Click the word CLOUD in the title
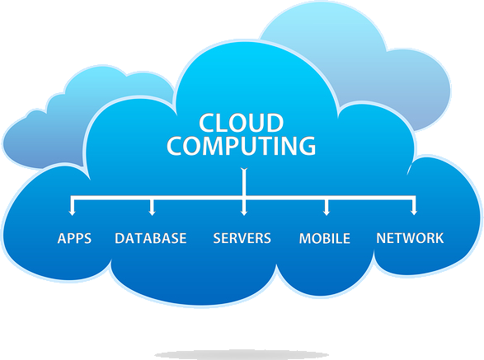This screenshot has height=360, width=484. click(241, 123)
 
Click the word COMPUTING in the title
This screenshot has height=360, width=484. click(242, 145)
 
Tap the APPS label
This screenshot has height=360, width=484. click(74, 238)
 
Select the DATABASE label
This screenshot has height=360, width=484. click(151, 238)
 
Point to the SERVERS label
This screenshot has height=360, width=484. click(242, 238)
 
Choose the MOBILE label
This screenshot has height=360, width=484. click(325, 238)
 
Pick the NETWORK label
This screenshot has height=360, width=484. click(410, 238)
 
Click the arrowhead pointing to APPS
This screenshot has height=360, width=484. click(72, 212)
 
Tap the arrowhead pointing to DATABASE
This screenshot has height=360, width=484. click(152, 212)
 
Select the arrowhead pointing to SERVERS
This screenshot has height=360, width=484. click(244, 212)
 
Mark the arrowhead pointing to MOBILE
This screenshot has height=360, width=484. click(327, 212)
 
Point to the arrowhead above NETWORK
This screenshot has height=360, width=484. click(414, 212)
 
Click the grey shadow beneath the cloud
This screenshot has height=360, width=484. click(242, 355)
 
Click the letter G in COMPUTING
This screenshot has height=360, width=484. click(307, 145)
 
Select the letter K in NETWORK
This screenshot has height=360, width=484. click(439, 238)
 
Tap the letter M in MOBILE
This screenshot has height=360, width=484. click(305, 238)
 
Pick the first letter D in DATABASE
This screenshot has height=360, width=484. click(120, 238)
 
